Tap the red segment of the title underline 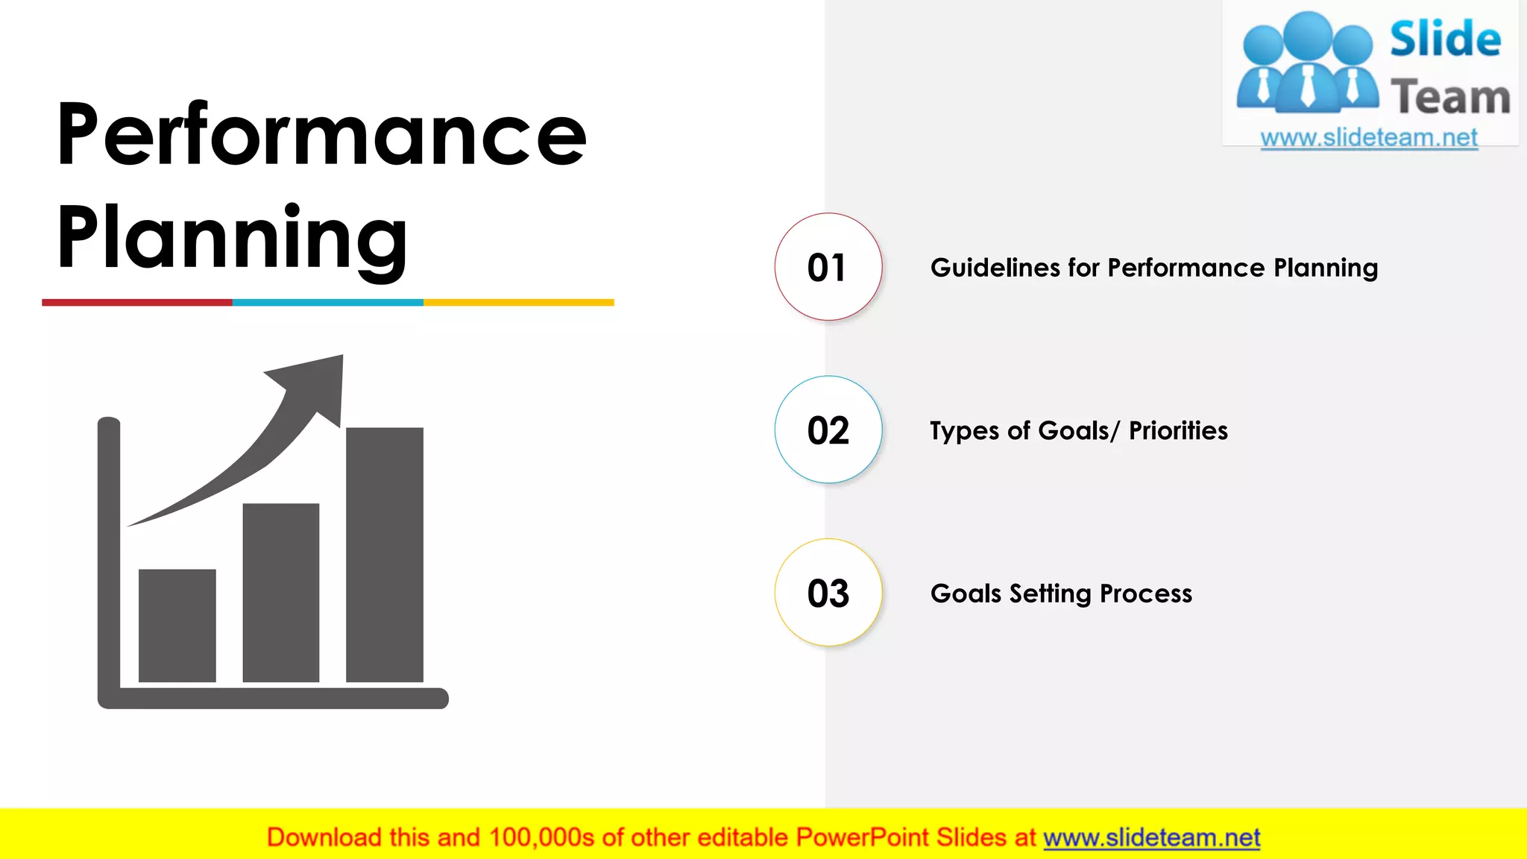click(x=137, y=302)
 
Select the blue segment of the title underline click(x=328, y=302)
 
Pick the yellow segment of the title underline click(x=519, y=302)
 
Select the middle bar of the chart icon click(x=281, y=592)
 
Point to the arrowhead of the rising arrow click(x=317, y=384)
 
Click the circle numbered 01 click(x=828, y=267)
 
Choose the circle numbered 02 click(x=828, y=430)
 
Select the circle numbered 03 click(x=828, y=593)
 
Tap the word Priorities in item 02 click(x=1178, y=431)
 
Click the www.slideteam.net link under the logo click(x=1369, y=138)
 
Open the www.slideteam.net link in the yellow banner click(x=1151, y=837)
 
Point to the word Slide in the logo click(x=1445, y=39)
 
